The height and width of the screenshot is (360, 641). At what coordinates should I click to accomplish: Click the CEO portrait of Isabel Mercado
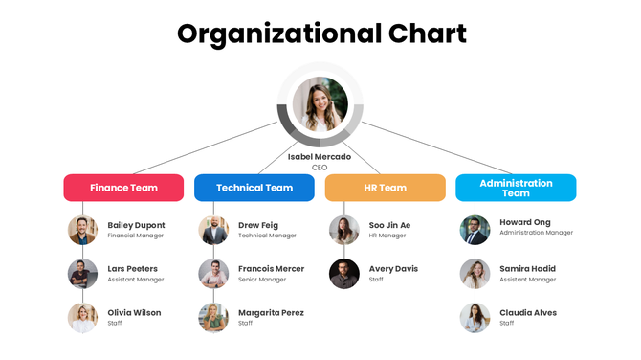tap(320, 104)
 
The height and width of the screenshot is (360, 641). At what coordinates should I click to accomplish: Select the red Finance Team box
tap(123, 188)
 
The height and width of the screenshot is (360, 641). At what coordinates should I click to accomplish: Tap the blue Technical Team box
tap(254, 188)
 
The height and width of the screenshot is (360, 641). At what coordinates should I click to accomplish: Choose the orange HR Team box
tap(385, 188)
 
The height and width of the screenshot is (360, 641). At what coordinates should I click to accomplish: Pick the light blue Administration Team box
tap(516, 188)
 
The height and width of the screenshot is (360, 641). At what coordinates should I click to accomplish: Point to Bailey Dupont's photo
tap(83, 230)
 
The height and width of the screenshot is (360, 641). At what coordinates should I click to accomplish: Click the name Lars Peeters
tap(132, 269)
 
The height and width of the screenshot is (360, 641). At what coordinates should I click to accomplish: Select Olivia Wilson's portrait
tap(83, 318)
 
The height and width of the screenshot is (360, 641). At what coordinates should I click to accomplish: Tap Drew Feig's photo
tap(213, 230)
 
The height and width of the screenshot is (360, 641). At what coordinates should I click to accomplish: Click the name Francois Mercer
tap(271, 269)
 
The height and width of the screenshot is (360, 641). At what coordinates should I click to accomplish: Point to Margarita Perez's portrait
tap(213, 318)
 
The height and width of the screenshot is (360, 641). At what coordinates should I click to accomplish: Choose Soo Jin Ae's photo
tap(344, 230)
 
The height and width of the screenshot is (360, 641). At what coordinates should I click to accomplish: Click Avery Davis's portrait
tap(344, 274)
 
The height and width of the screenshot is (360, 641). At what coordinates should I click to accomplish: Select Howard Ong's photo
tap(475, 230)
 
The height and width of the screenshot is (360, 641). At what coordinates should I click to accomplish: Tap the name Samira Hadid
tap(527, 269)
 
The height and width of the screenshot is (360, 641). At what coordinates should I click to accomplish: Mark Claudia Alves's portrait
tap(475, 318)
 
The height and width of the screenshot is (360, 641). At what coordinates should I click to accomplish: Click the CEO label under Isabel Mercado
tap(320, 168)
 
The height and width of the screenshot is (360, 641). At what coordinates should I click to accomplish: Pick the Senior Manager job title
tap(261, 280)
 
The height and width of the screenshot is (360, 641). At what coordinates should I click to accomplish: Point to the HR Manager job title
tap(387, 236)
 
